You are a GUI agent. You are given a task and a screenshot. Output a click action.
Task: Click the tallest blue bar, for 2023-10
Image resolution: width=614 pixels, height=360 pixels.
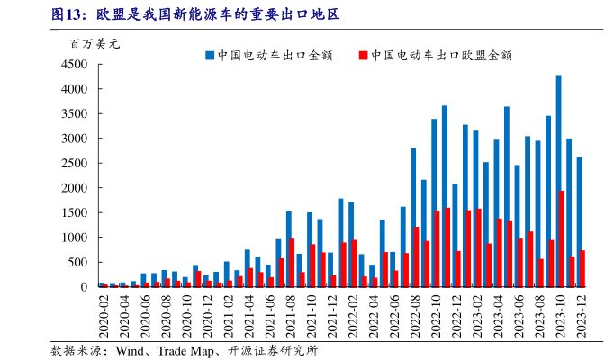click(558, 180)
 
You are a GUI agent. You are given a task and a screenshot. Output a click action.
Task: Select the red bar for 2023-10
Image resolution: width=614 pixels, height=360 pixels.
click(563, 238)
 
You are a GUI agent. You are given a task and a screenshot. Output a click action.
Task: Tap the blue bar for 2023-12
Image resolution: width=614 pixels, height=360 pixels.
click(579, 221)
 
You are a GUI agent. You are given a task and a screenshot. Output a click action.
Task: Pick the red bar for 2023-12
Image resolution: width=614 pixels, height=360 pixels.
click(583, 268)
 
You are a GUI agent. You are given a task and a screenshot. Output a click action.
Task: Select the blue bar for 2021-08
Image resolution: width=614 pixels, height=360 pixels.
click(288, 248)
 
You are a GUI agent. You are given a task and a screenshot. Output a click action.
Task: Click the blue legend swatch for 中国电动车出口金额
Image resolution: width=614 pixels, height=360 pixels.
click(209, 56)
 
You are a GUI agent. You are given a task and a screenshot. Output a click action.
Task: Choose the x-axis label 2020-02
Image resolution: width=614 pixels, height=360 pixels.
click(104, 314)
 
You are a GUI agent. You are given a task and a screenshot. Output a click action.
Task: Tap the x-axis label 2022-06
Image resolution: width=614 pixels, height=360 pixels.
click(393, 314)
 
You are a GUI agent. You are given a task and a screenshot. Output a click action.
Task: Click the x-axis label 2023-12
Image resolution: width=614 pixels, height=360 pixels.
click(581, 314)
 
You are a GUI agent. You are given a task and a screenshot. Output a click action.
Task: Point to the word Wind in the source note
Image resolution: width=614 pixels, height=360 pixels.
click(131, 349)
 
